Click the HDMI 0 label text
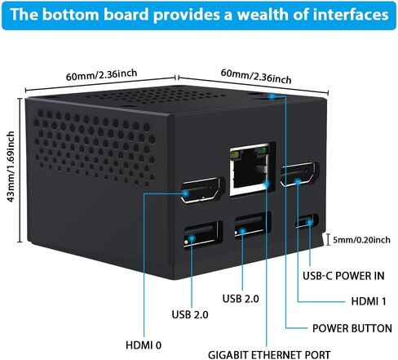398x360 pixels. (x=144, y=345)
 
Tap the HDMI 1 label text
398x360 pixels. (x=369, y=301)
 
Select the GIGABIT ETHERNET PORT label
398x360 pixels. (x=269, y=355)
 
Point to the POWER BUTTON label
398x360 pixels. (x=352, y=328)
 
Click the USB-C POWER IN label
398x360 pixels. (x=343, y=276)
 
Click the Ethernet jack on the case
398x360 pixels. (x=250, y=169)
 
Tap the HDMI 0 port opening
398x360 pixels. (x=202, y=190)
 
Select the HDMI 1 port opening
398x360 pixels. (x=299, y=175)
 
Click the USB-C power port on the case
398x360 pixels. (x=307, y=221)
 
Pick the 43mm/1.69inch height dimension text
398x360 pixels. (x=11, y=167)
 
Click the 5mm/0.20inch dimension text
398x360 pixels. (x=361, y=240)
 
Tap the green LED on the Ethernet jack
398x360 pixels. (x=261, y=152)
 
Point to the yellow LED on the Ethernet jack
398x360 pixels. (x=234, y=155)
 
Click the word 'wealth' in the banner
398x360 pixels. (x=263, y=14)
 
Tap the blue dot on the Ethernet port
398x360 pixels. (x=267, y=184)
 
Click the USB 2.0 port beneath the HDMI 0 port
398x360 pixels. (x=203, y=234)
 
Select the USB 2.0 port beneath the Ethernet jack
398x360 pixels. (x=253, y=224)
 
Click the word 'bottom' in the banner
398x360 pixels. (x=70, y=14)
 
